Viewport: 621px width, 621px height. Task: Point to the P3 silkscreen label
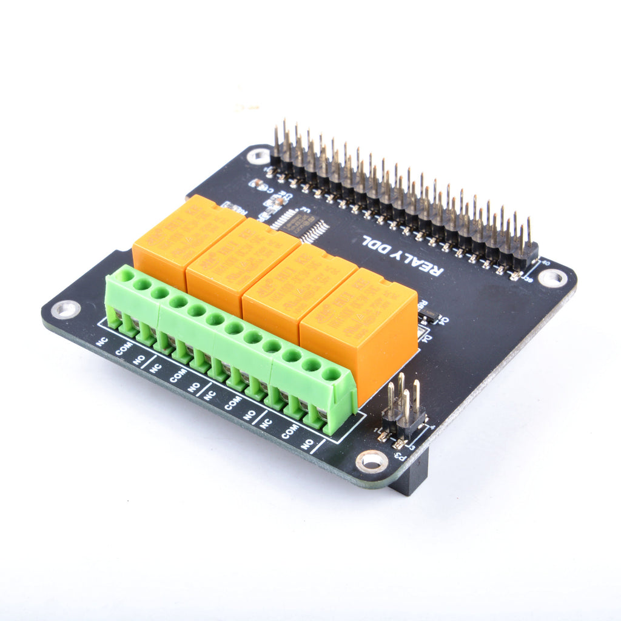coord(400,457)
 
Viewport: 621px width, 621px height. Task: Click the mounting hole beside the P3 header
coord(371,462)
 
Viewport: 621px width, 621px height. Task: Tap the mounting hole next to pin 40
coord(552,278)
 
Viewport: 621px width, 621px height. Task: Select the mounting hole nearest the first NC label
coord(65,309)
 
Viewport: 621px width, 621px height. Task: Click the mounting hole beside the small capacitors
coord(259,156)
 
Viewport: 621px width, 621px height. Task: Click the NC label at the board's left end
coord(102,341)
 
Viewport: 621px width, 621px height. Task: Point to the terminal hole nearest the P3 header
coord(331,374)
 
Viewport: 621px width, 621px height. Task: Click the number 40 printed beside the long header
coord(545,263)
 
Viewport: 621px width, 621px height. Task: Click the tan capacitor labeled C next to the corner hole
coord(256,182)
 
